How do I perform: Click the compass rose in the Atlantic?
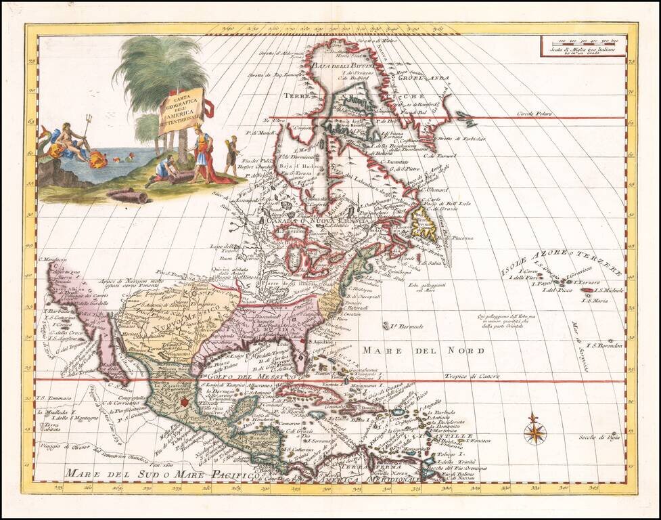[x=534, y=428]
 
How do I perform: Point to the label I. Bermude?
[x=406, y=326]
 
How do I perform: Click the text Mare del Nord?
[x=423, y=350]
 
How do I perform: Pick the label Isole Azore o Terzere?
[x=560, y=262]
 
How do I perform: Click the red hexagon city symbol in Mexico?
[x=185, y=403]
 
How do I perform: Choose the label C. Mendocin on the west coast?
[x=55, y=259]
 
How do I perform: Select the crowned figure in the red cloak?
[x=201, y=152]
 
